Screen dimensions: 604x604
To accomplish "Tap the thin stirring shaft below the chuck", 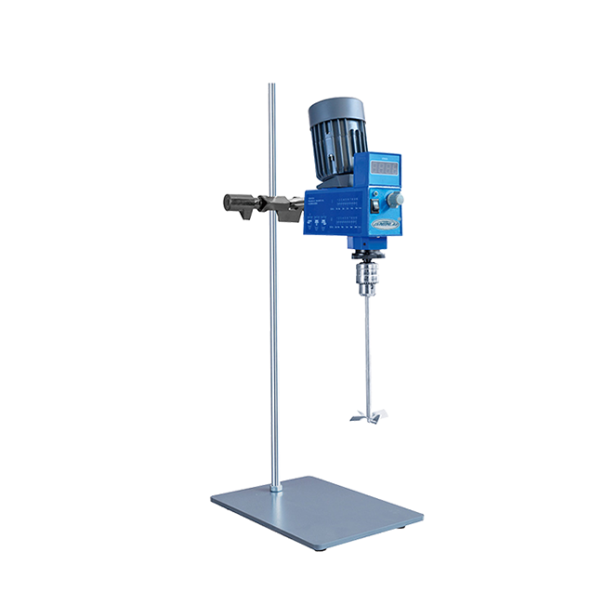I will click(367, 353).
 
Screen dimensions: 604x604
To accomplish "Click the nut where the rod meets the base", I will click(276, 486).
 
